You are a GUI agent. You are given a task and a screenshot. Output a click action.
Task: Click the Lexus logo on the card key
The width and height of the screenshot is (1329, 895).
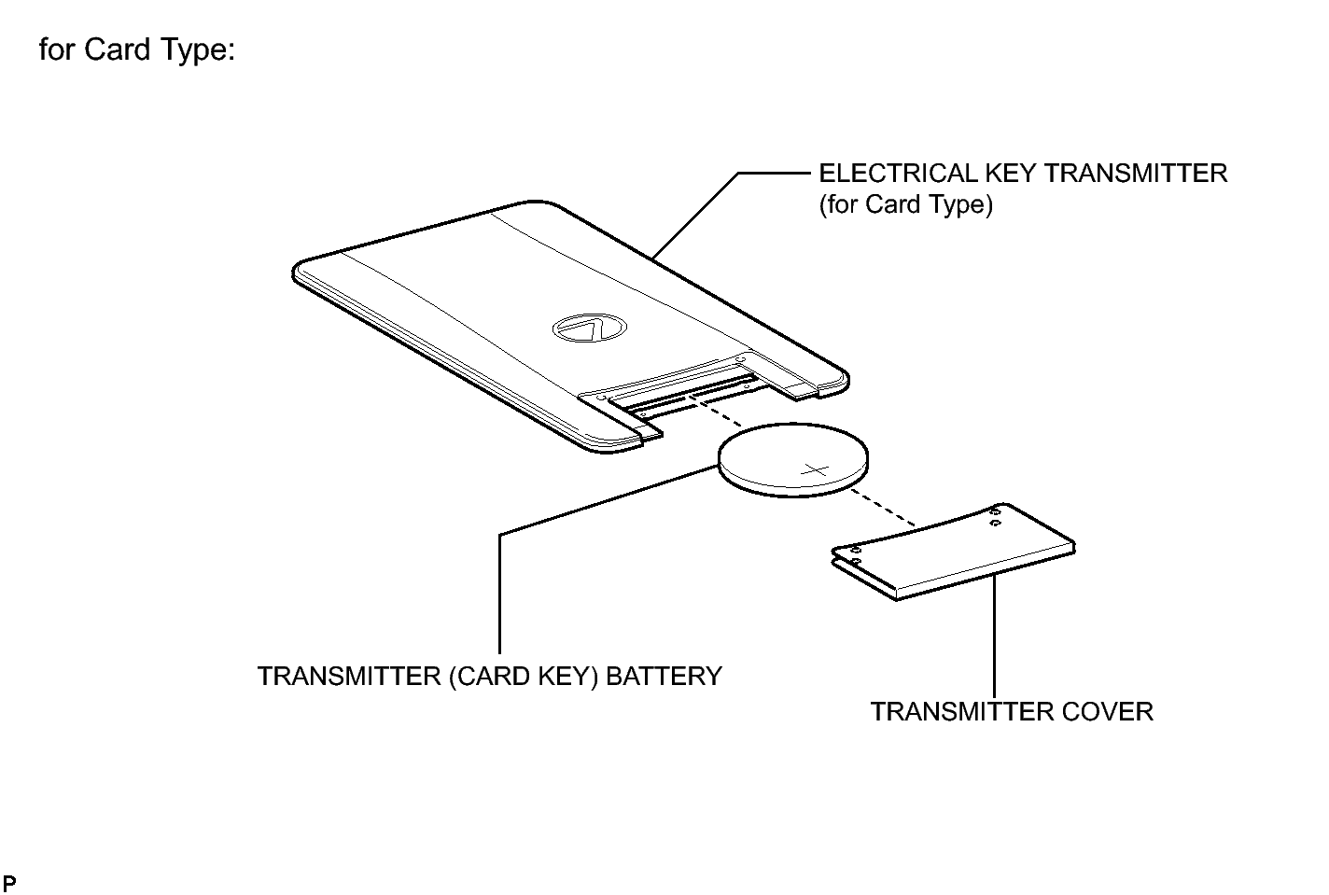tap(589, 329)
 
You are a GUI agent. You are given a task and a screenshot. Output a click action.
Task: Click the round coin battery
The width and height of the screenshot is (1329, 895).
tap(793, 460)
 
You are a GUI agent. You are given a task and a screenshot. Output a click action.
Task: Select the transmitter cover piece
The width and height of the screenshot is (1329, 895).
tap(954, 551)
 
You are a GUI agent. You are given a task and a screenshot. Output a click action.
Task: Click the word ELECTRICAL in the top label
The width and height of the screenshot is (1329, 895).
tap(898, 174)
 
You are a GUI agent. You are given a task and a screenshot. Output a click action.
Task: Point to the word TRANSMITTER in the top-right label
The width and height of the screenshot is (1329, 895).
tap(1136, 174)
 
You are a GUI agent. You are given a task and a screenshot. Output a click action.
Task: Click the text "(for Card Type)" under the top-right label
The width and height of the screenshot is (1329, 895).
tap(906, 204)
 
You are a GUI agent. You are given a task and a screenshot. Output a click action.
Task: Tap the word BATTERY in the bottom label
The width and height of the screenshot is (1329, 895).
tap(664, 676)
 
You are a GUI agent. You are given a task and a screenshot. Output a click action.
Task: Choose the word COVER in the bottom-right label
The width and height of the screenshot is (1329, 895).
tap(1107, 712)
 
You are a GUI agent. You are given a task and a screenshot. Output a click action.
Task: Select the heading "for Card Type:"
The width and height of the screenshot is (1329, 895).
tap(137, 49)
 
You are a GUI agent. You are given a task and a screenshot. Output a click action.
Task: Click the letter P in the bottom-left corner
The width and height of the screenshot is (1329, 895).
tap(9, 883)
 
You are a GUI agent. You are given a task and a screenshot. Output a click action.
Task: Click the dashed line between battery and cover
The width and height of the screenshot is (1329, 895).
tap(882, 508)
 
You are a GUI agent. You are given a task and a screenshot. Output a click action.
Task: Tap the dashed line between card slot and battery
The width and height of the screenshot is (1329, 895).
tap(716, 413)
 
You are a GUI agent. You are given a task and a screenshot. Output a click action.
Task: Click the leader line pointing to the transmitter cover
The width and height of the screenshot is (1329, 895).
tap(994, 636)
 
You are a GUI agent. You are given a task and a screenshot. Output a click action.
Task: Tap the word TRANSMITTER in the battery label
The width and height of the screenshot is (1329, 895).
tap(349, 676)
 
